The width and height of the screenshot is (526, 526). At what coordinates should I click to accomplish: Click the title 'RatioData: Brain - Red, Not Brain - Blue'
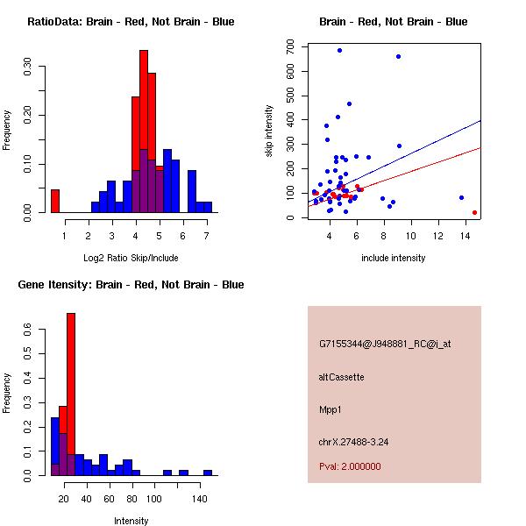131,22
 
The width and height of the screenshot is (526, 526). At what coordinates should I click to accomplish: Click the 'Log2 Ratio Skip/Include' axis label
131,258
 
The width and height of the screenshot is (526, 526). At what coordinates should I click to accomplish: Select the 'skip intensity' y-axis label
271,131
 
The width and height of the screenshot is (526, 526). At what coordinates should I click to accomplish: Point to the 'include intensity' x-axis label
394,258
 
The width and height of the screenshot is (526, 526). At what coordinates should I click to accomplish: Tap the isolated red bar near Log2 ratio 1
55,201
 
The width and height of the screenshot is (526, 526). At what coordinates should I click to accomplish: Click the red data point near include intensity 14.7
474,212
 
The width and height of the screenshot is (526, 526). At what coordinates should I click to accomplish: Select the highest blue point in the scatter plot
339,51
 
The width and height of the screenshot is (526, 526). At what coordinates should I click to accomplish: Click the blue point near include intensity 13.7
461,197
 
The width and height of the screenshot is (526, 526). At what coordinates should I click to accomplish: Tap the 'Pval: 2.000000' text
350,466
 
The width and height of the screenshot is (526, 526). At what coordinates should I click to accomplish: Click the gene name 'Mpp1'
330,409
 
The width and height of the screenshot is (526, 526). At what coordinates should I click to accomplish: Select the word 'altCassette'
341,377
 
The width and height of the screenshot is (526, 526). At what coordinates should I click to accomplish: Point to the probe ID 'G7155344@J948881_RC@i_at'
385,345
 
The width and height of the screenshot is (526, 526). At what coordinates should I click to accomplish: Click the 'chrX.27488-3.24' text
353,442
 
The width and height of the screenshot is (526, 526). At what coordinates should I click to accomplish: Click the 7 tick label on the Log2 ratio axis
206,236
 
